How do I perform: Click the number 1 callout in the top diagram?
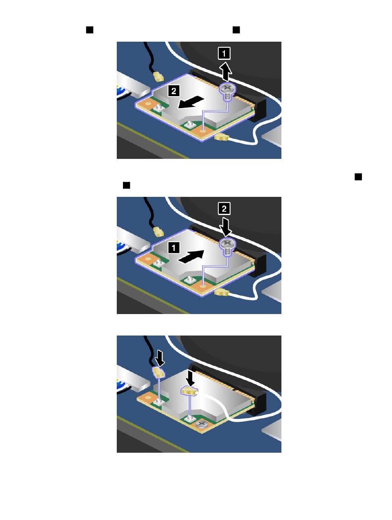click(x=224, y=53)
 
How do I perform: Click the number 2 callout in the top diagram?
click(x=174, y=91)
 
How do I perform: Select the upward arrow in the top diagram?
click(x=225, y=71)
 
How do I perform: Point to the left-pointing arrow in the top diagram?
click(x=191, y=103)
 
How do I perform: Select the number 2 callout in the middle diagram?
click(x=224, y=208)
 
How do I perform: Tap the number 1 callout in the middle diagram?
click(x=174, y=248)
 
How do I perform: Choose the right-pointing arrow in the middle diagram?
click(x=191, y=257)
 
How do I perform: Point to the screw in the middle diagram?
click(x=227, y=247)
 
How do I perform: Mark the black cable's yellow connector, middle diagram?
click(x=158, y=232)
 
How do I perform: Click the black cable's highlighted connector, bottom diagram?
click(x=158, y=372)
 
